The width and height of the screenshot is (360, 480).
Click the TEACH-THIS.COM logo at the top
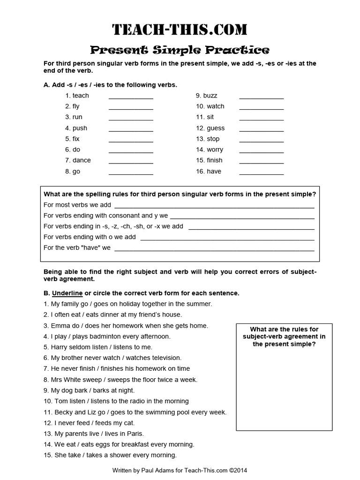point(180,30)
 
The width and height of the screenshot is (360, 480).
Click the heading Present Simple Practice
point(180,50)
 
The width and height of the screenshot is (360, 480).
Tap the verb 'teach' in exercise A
point(81,96)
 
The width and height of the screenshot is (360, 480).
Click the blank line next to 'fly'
point(131,107)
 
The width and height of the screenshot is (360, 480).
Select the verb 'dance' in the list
point(82,160)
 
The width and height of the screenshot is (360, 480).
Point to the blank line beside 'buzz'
point(261,96)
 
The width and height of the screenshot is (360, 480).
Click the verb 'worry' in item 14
point(215,150)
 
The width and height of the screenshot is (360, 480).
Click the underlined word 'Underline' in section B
point(67,293)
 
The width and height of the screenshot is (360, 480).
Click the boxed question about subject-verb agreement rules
point(284,337)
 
